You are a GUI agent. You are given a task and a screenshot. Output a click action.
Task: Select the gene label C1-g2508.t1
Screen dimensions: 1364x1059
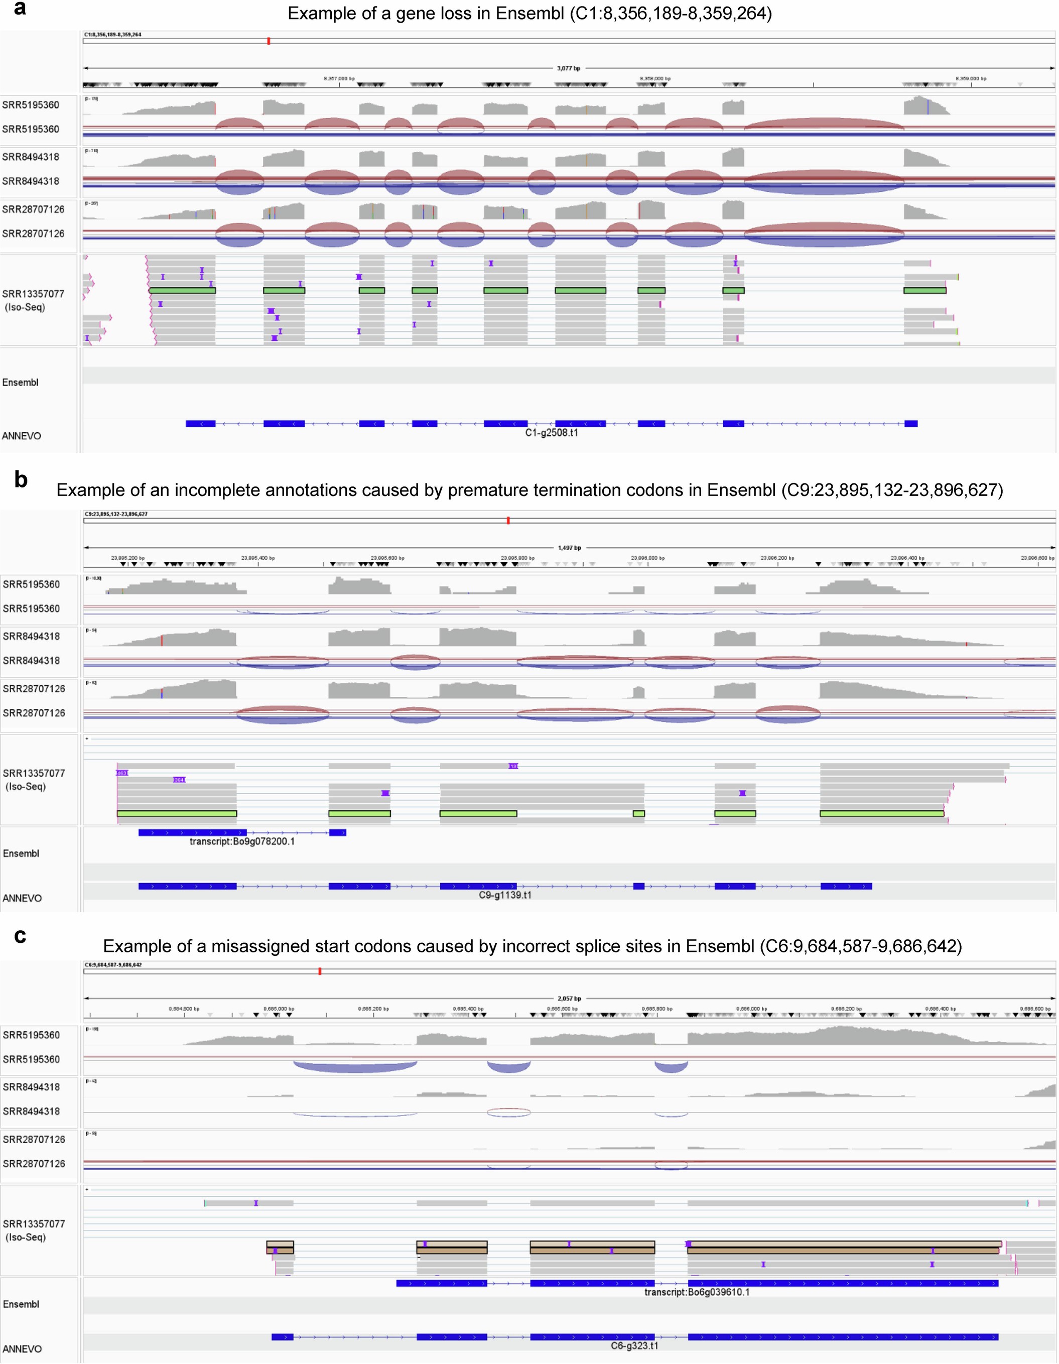(x=552, y=433)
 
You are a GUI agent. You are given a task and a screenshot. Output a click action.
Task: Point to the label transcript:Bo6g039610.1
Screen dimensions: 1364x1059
(x=697, y=1292)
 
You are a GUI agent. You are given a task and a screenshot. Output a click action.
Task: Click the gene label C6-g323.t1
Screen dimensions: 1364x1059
(x=634, y=1346)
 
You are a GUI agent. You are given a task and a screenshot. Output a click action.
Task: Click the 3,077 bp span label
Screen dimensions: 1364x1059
(x=568, y=68)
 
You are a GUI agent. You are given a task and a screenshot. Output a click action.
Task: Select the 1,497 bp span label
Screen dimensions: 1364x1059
(x=569, y=548)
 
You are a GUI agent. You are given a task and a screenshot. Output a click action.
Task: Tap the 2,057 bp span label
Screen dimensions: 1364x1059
(x=569, y=999)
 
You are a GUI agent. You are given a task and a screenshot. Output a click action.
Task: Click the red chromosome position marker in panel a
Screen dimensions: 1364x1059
(x=269, y=41)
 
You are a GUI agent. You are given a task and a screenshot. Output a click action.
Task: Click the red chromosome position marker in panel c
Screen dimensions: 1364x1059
(x=320, y=971)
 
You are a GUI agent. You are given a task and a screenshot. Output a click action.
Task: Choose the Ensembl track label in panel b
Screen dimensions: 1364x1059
(x=21, y=853)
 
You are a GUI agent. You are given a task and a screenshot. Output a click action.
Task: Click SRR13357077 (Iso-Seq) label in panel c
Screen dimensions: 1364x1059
(x=33, y=1230)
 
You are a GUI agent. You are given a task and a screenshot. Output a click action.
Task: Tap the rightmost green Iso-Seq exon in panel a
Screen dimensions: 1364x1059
(x=925, y=290)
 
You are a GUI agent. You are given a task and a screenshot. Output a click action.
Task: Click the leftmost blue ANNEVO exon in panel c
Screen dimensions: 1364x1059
(x=282, y=1337)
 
